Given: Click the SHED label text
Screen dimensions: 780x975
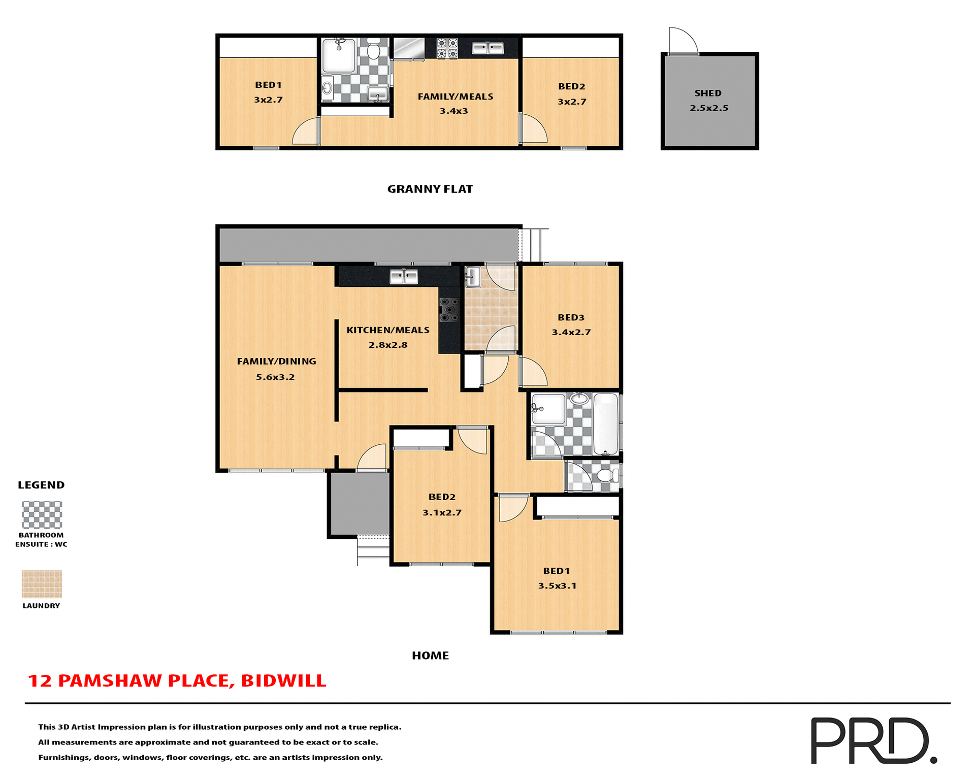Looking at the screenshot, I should (x=708, y=93).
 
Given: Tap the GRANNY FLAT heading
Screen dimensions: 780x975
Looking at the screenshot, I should (x=430, y=189).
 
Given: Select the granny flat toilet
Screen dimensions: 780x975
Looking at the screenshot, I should (x=374, y=49).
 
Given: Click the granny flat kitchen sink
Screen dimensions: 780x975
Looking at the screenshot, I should (x=487, y=48).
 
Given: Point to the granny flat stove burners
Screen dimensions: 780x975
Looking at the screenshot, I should (x=447, y=48).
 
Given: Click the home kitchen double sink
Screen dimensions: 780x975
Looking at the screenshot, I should (x=404, y=277).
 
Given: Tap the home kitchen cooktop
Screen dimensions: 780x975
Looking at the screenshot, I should (x=449, y=310).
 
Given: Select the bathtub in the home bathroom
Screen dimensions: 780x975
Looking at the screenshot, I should (x=605, y=425).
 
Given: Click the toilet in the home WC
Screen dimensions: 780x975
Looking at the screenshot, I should (x=607, y=476).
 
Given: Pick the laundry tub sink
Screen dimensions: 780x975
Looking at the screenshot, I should (x=472, y=277).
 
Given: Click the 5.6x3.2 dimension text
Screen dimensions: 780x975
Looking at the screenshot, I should (x=275, y=377).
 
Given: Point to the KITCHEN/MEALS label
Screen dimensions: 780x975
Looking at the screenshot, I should (x=388, y=330).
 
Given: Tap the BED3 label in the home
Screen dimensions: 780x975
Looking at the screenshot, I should (x=571, y=317).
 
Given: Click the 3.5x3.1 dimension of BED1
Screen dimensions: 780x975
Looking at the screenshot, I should (x=557, y=586).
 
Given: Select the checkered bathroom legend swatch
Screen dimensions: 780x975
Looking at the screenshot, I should (x=42, y=514).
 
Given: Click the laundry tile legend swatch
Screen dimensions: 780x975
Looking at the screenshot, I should (x=42, y=584).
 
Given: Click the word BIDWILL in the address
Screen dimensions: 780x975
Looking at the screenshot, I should (x=283, y=680).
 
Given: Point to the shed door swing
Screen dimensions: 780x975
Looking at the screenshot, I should (x=682, y=41).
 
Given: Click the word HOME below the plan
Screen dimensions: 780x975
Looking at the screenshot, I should (x=430, y=656).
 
